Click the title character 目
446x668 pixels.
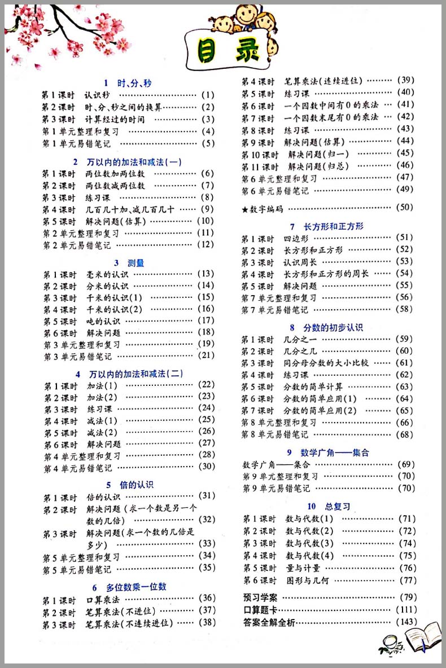pyautogui.click(x=204, y=51)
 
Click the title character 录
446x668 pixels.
pyautogui.click(x=244, y=51)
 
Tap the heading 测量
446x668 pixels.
pyautogui.click(x=136, y=262)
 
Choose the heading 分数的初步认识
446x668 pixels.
pyautogui.click(x=334, y=327)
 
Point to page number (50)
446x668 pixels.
pyautogui.click(x=406, y=207)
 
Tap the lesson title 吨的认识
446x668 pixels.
pyautogui.click(x=103, y=321)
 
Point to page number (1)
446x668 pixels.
pyautogui.click(x=208, y=95)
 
